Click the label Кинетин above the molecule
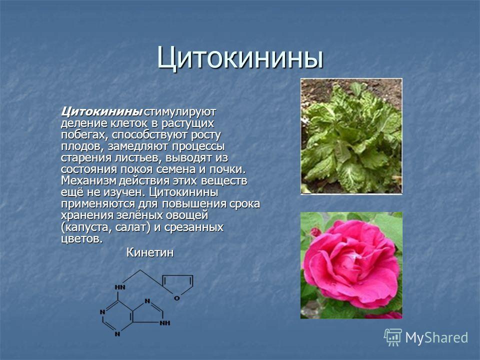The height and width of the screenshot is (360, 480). point(150,252)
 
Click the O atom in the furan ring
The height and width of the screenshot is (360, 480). point(176,297)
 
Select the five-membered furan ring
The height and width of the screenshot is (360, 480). point(177,286)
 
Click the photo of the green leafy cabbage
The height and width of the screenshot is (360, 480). point(351,136)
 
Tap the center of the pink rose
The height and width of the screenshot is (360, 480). point(352,260)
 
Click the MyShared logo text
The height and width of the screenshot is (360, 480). point(436,337)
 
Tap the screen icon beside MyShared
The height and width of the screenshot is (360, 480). point(393,337)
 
